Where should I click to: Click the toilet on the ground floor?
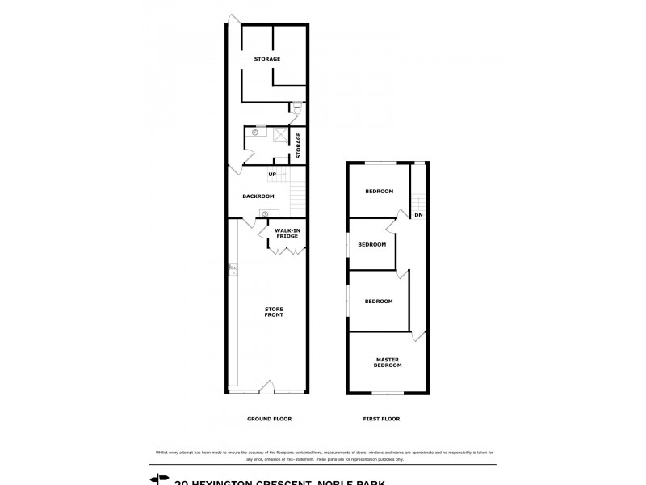(297, 110)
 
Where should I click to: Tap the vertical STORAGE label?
(298, 145)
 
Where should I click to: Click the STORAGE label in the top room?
(267, 59)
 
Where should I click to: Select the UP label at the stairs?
(272, 175)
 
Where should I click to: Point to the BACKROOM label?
(258, 196)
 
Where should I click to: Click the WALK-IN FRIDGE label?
(287, 234)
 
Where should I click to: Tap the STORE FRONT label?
(275, 312)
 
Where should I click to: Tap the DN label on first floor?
(418, 215)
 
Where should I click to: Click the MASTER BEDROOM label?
(387, 362)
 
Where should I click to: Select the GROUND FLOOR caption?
(269, 419)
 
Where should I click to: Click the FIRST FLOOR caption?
(382, 419)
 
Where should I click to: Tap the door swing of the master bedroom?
(418, 334)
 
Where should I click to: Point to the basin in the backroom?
(264, 213)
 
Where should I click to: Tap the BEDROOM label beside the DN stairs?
(379, 192)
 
